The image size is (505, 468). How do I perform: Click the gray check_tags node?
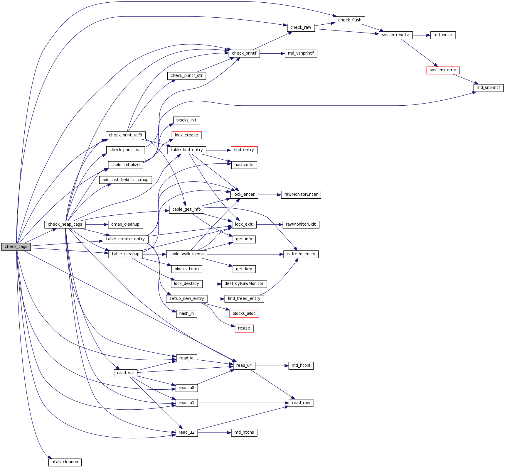pyautogui.click(x=16, y=247)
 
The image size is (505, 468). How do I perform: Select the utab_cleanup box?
pyautogui.click(x=65, y=462)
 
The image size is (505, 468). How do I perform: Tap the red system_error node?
pyautogui.click(x=443, y=70)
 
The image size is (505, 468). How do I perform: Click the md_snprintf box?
pyautogui.click(x=488, y=88)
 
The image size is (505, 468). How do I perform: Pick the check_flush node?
pyautogui.click(x=350, y=20)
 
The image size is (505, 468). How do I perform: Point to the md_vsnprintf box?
pyautogui.click(x=301, y=53)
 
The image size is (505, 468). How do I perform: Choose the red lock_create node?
pyautogui.click(x=186, y=135)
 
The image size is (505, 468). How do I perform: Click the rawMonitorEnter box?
pyautogui.click(x=301, y=195)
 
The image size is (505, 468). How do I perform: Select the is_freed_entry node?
pyautogui.click(x=301, y=254)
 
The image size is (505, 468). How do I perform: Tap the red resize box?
pyautogui.click(x=244, y=328)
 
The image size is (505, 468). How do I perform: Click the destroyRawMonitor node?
pyautogui.click(x=244, y=284)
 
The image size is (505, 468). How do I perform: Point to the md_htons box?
pyautogui.click(x=244, y=432)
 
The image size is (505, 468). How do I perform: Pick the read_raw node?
pyautogui.click(x=301, y=403)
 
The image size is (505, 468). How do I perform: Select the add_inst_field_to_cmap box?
pyautogui.click(x=125, y=180)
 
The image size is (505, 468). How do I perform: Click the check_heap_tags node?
pyautogui.click(x=65, y=224)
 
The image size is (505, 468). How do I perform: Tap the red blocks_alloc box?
pyautogui.click(x=244, y=314)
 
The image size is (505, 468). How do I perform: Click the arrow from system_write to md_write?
pyautogui.click(x=421, y=35)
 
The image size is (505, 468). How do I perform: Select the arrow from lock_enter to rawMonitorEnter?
pyautogui.click(x=270, y=195)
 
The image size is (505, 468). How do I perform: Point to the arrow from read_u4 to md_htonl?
pyautogui.click(x=272, y=366)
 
